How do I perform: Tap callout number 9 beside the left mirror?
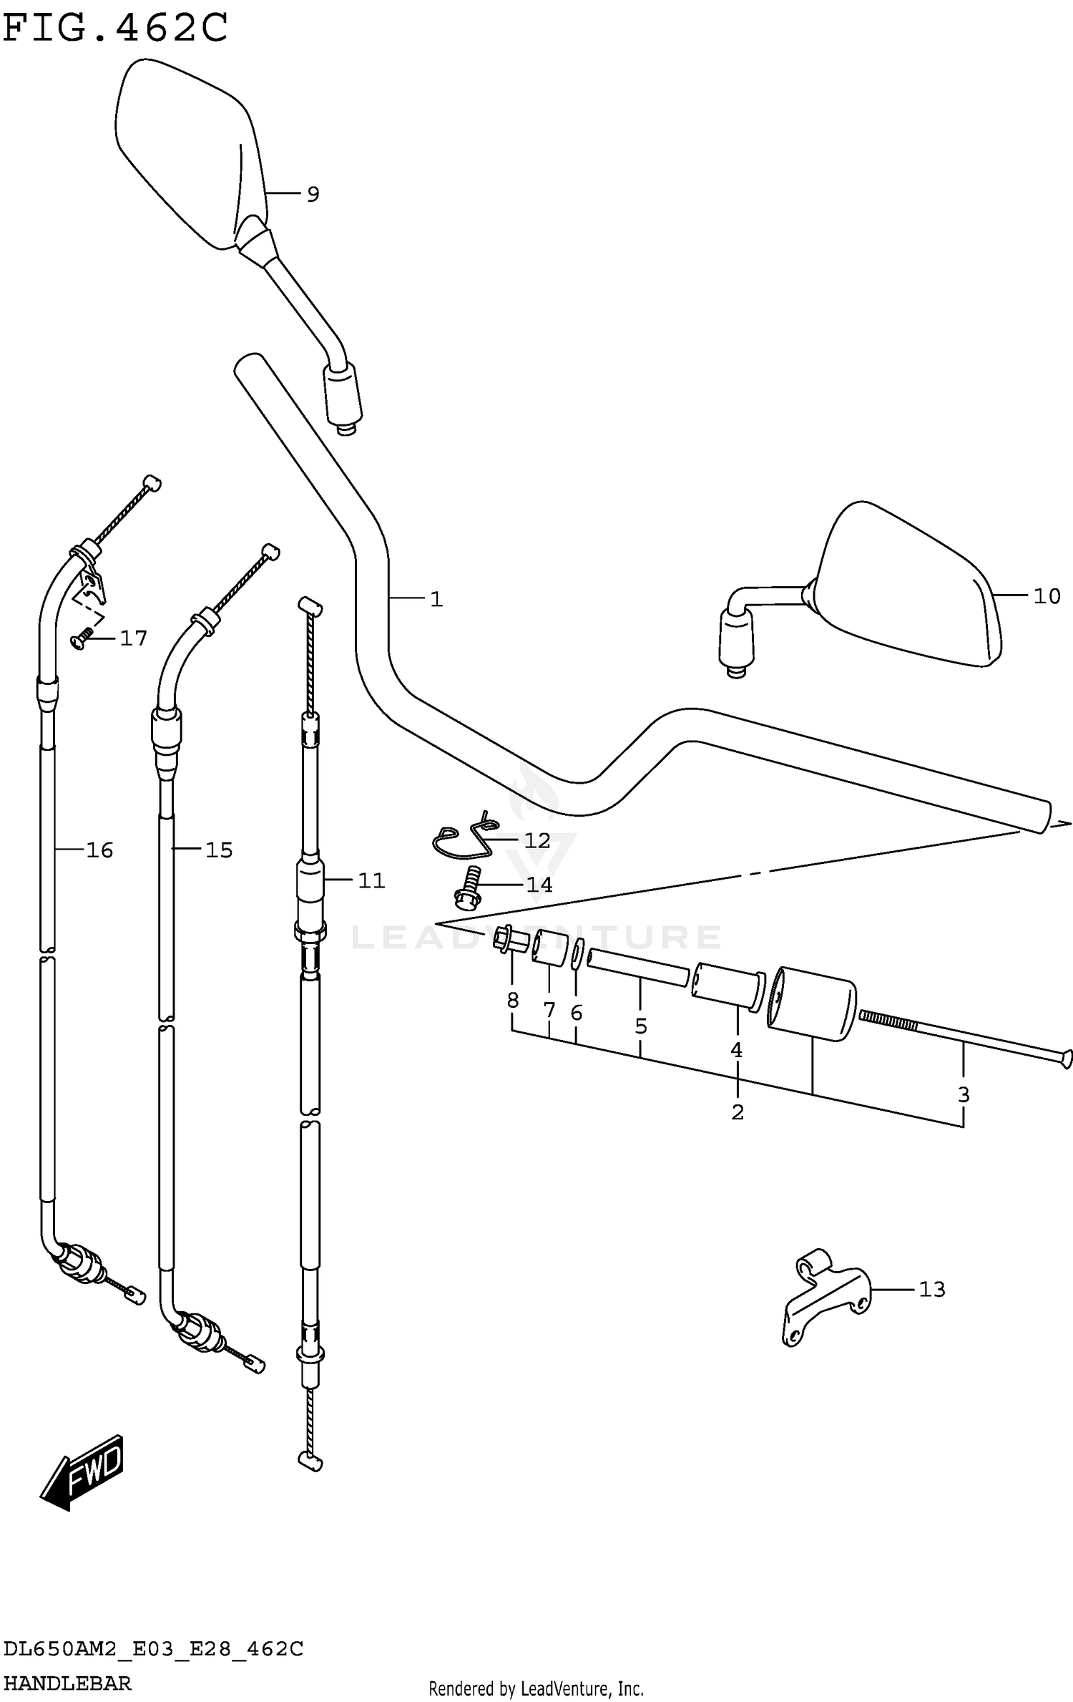click(x=313, y=194)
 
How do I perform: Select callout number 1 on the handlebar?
click(x=436, y=599)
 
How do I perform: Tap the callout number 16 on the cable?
click(x=99, y=850)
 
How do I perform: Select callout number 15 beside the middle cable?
click(x=219, y=850)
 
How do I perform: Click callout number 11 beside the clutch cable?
click(x=371, y=880)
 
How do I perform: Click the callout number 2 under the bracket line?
click(x=738, y=1112)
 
